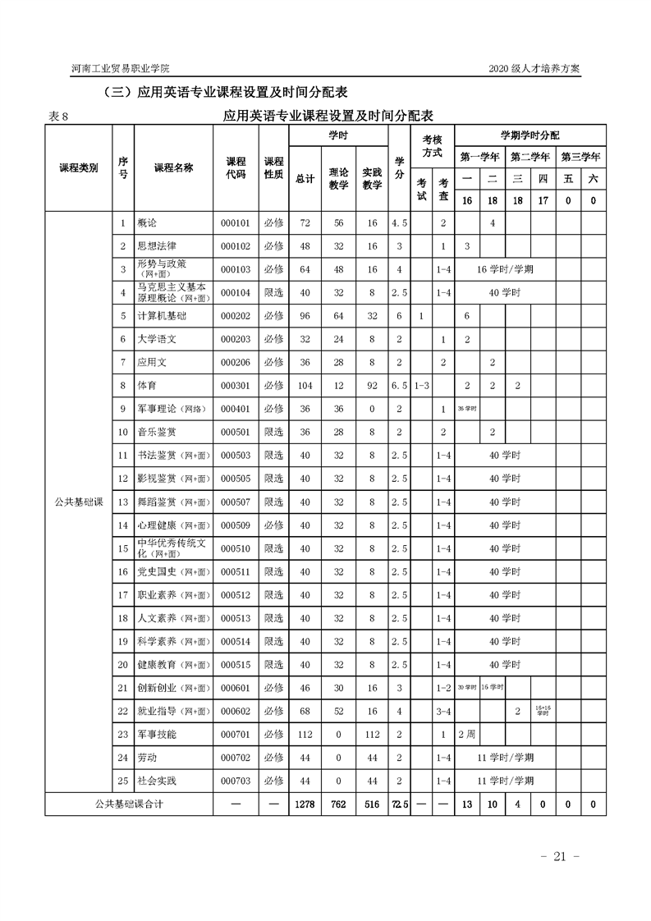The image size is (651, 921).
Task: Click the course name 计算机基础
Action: pyautogui.click(x=162, y=316)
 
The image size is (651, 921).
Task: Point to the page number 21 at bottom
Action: pyautogui.click(x=561, y=856)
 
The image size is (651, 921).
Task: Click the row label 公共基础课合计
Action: pyautogui.click(x=129, y=804)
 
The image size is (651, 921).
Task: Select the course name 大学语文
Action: pyautogui.click(x=158, y=339)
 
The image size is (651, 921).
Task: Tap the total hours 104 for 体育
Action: pyautogui.click(x=305, y=385)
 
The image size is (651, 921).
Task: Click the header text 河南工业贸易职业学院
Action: pyautogui.click(x=122, y=69)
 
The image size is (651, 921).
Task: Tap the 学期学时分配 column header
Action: pyautogui.click(x=530, y=135)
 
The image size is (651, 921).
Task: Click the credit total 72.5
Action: pyautogui.click(x=399, y=804)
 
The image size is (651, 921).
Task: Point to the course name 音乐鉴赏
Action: pyautogui.click(x=157, y=432)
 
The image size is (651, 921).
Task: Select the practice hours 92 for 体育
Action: pyautogui.click(x=372, y=385)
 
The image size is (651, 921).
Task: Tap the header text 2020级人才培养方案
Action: pyautogui.click(x=534, y=69)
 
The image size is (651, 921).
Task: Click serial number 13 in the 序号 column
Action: pyautogui.click(x=123, y=502)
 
